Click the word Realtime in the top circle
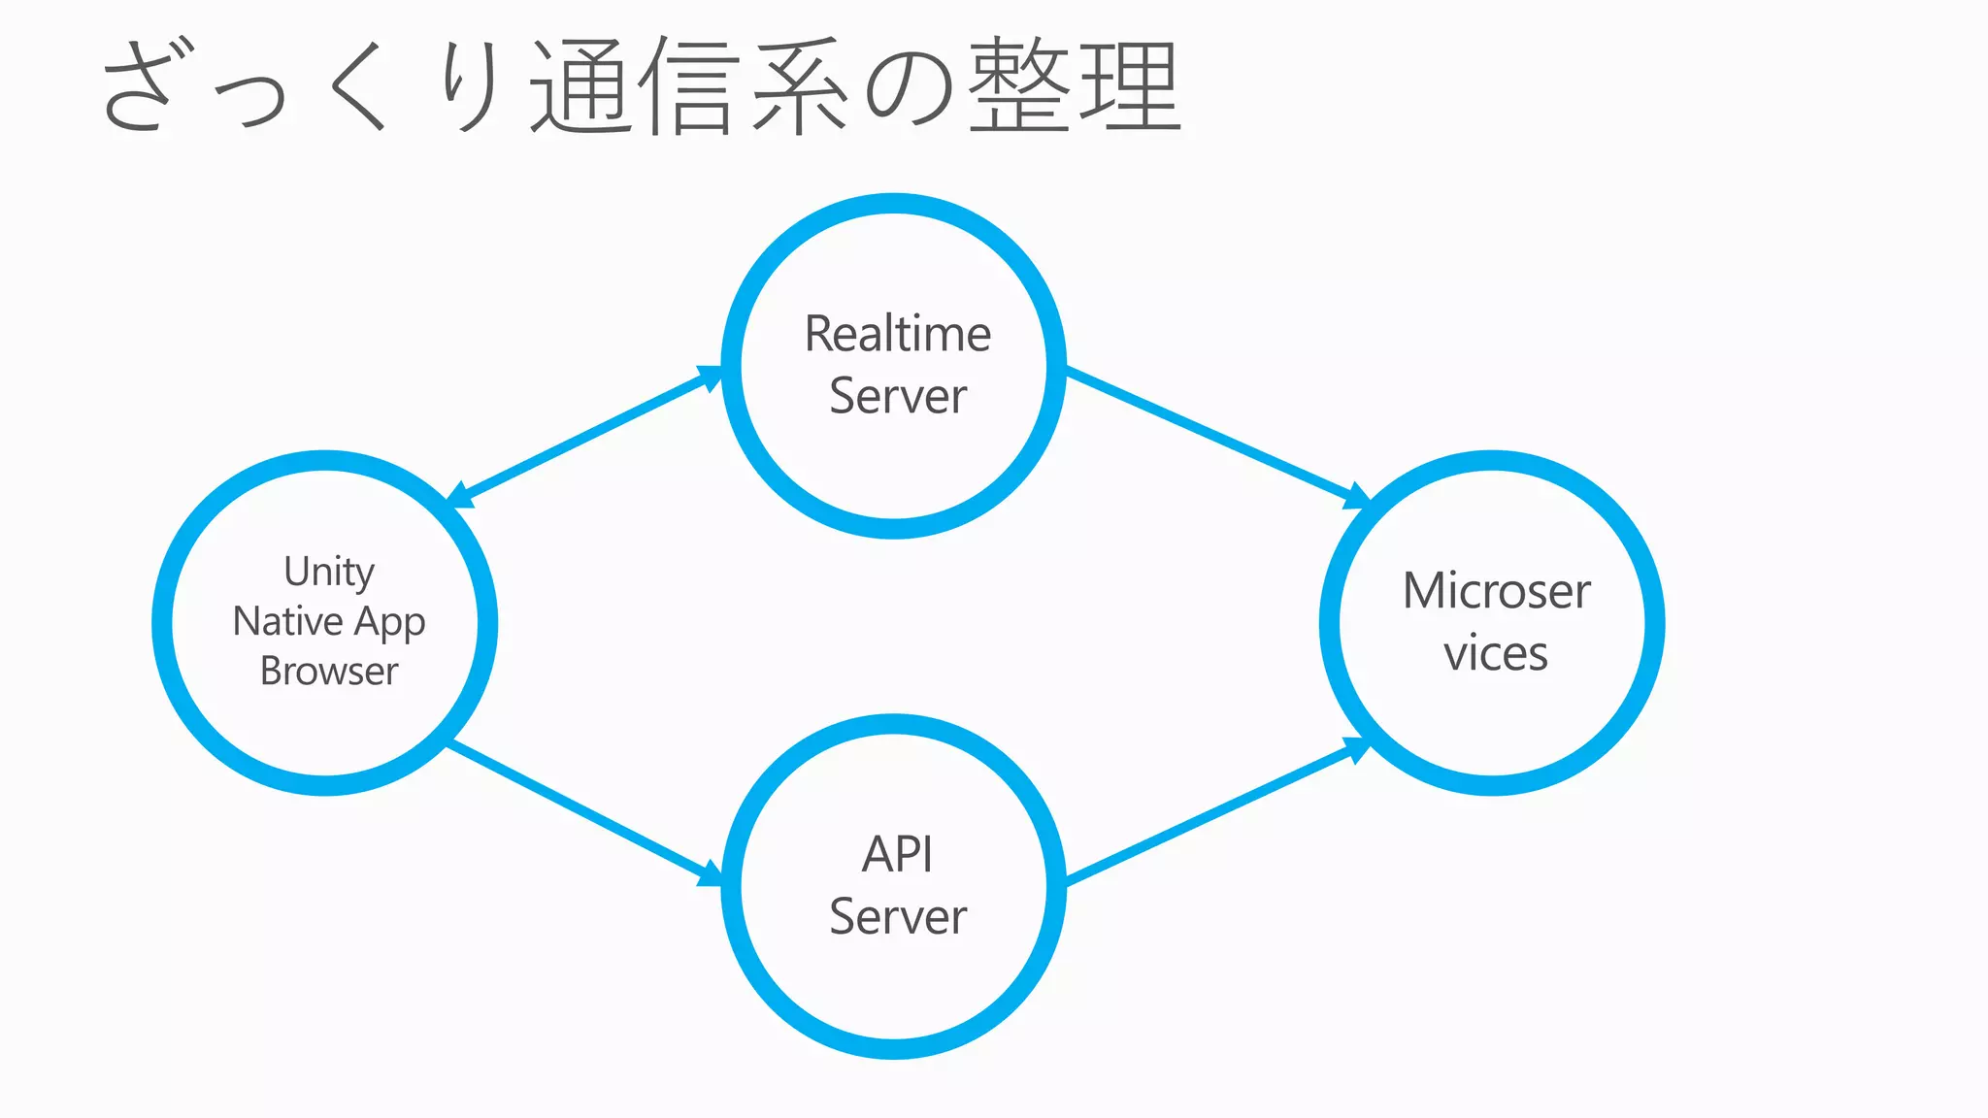(x=897, y=335)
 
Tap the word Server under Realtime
(x=897, y=397)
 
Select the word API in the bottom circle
(x=897, y=855)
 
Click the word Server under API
(x=897, y=917)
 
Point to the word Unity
(x=329, y=572)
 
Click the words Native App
(x=329, y=622)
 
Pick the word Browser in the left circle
(x=329, y=672)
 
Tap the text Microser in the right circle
(x=1496, y=591)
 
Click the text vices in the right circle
(x=1495, y=653)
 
